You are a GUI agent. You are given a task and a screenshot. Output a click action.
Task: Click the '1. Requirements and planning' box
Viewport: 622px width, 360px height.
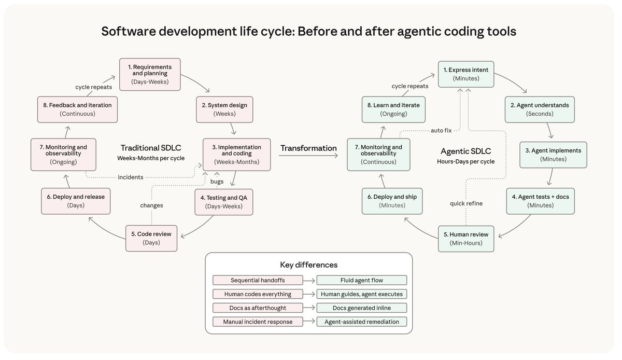pyautogui.click(x=150, y=74)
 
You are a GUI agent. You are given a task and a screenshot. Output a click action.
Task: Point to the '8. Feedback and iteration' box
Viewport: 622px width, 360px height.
pyautogui.click(x=77, y=109)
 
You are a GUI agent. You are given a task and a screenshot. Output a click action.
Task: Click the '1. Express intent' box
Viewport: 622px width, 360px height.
pyautogui.click(x=465, y=74)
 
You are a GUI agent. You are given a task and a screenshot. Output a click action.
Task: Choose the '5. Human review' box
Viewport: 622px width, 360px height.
pyautogui.click(x=465, y=238)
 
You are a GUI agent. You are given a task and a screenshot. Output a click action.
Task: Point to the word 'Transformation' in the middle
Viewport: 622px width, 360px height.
pyautogui.click(x=308, y=148)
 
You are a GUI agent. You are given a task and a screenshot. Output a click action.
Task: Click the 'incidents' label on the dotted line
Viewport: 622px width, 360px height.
pyautogui.click(x=131, y=177)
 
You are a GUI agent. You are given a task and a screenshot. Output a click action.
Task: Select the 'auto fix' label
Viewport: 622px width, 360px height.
pyautogui.click(x=441, y=130)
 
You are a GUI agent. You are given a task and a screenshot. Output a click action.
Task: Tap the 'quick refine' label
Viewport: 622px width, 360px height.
pyautogui.click(x=466, y=203)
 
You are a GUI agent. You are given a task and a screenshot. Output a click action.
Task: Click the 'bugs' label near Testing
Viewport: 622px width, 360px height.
pyautogui.click(x=217, y=182)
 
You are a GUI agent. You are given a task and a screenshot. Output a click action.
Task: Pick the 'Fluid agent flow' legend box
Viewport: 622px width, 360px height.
pyautogui.click(x=361, y=280)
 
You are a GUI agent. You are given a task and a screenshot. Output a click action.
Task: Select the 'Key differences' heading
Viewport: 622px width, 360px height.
pyautogui.click(x=309, y=265)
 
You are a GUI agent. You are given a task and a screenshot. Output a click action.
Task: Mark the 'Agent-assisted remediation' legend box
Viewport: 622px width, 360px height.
pyautogui.click(x=361, y=322)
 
